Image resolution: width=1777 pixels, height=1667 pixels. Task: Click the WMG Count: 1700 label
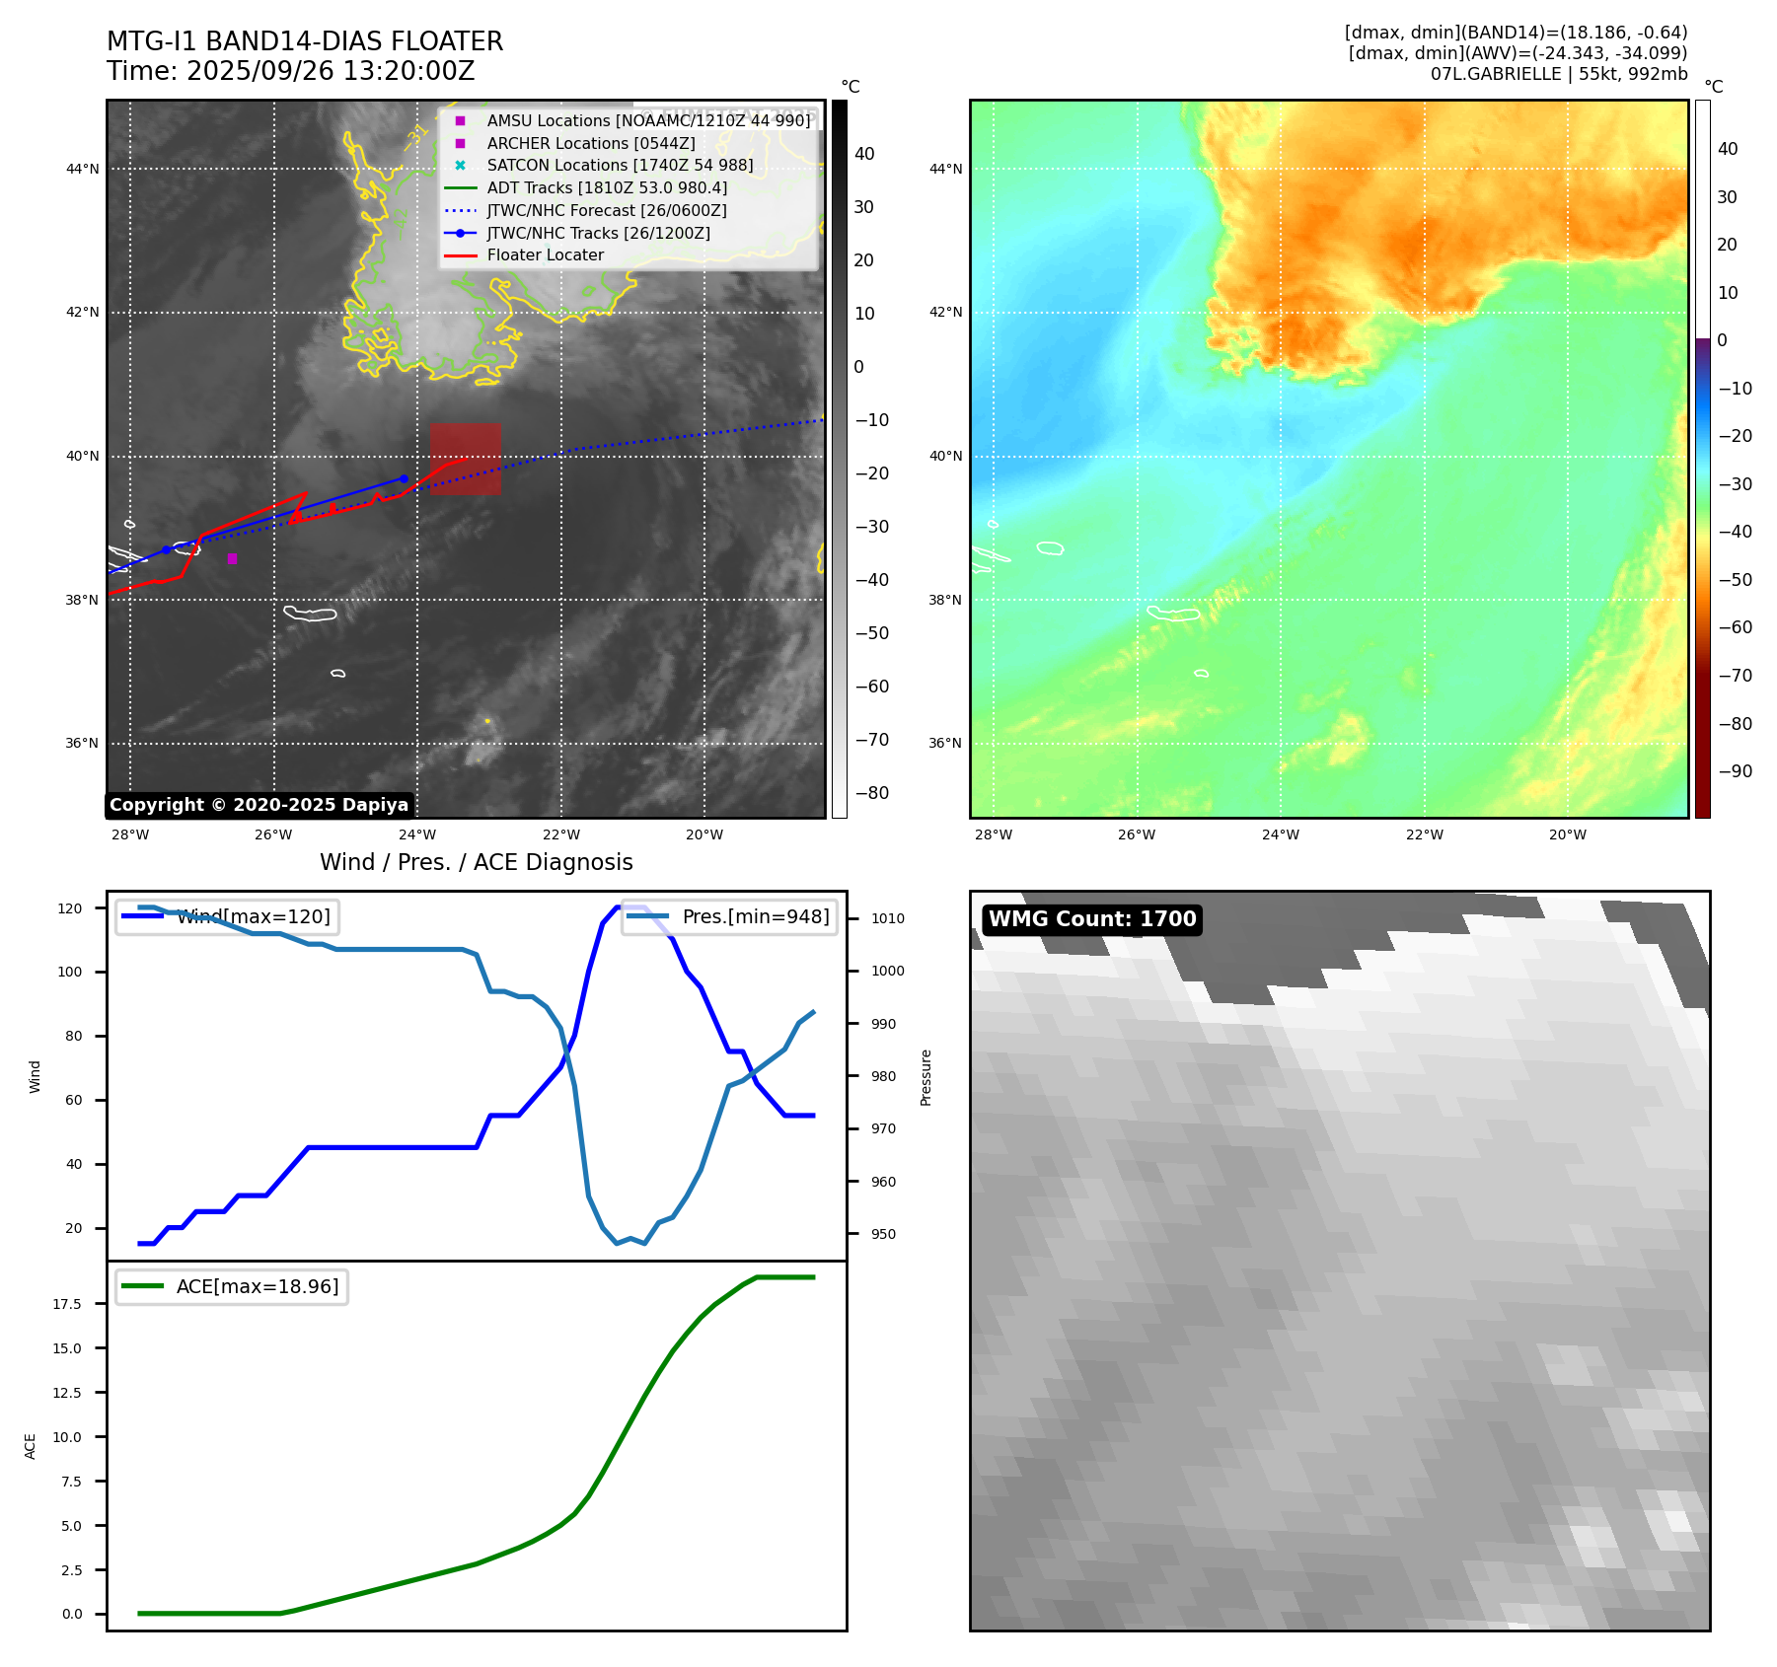pyautogui.click(x=1092, y=919)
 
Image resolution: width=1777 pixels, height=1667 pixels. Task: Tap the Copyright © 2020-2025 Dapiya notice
pyautogui.click(x=259, y=805)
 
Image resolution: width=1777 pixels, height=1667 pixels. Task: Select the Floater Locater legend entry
pyautogui.click(x=545, y=255)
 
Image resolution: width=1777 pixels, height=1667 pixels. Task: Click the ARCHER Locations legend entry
pyautogui.click(x=590, y=143)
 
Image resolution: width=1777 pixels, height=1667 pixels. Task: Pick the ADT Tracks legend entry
pyautogui.click(x=606, y=188)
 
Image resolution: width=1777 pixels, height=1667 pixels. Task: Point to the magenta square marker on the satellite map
pyautogui.click(x=232, y=559)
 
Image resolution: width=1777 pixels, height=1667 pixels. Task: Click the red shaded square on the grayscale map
pyautogui.click(x=465, y=459)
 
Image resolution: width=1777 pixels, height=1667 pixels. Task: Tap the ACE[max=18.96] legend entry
pyautogui.click(x=257, y=1286)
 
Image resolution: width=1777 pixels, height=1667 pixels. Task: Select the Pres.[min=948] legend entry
pyautogui.click(x=755, y=916)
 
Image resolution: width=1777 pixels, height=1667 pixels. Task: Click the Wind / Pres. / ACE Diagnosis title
pyautogui.click(x=476, y=862)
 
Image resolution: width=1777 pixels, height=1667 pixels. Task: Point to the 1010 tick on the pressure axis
pyautogui.click(x=887, y=918)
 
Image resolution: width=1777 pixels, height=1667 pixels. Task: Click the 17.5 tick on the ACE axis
pyautogui.click(x=67, y=1304)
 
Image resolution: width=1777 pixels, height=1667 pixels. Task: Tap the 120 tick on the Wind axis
pyautogui.click(x=70, y=908)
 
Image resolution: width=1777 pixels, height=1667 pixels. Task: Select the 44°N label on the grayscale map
pyautogui.click(x=83, y=170)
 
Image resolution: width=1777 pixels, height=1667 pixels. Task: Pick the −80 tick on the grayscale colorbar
pyautogui.click(x=871, y=793)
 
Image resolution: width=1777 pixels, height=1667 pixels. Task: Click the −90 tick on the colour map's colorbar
pyautogui.click(x=1735, y=771)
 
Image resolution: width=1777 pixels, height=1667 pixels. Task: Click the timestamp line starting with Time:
pyautogui.click(x=291, y=71)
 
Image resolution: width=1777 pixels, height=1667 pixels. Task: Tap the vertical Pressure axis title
pyautogui.click(x=926, y=1077)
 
